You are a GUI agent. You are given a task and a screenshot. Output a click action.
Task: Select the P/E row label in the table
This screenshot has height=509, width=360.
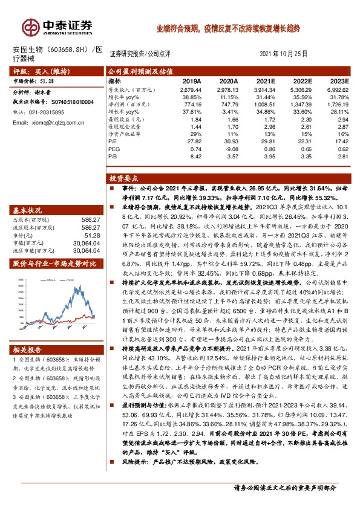(x=113, y=141)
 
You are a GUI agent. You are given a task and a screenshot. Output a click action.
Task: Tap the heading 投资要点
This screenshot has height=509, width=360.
(x=121, y=179)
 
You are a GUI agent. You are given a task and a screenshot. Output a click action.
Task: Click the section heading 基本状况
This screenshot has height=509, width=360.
(x=26, y=210)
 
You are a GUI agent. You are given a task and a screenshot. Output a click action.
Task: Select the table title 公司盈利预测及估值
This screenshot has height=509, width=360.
(x=133, y=71)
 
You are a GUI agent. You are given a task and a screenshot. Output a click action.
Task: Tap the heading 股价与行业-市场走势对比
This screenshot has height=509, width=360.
(x=54, y=264)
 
